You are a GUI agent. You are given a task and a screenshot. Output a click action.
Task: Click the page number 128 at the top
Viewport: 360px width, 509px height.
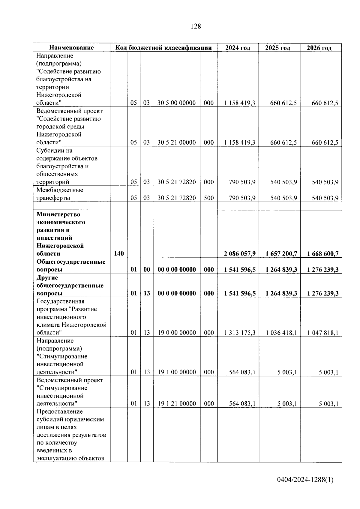point(196,26)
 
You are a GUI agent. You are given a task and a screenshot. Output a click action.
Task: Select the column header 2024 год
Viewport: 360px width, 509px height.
point(238,48)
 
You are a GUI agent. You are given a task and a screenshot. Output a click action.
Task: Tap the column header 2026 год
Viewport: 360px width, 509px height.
point(319,48)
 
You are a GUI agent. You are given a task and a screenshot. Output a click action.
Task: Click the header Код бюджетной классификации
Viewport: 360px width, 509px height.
point(164,48)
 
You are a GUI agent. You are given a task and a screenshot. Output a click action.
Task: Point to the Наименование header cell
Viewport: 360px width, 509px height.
point(71,48)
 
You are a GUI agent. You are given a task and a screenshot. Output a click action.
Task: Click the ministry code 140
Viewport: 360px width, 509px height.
point(119,254)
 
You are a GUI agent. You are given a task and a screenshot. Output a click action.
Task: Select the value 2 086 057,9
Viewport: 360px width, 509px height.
point(240,254)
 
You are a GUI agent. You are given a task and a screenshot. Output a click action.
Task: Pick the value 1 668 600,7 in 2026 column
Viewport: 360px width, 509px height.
point(323,254)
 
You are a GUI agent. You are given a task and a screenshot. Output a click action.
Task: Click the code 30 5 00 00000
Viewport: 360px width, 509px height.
point(176,103)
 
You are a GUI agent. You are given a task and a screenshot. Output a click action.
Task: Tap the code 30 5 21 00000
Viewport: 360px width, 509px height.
point(176,142)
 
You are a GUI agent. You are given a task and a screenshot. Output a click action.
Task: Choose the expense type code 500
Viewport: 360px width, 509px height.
point(208,198)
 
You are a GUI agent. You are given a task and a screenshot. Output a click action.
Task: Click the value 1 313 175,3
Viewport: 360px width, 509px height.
point(239,333)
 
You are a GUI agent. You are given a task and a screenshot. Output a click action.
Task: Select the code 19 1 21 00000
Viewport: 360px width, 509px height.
point(177,404)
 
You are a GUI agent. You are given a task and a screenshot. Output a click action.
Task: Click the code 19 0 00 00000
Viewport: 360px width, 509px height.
point(176,333)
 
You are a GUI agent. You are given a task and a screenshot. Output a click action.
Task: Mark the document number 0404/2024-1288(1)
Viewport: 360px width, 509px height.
point(305,480)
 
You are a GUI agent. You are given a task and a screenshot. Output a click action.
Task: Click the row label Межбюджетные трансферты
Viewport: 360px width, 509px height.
point(60,194)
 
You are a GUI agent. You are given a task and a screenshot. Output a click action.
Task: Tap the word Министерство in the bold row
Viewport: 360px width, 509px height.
point(58,214)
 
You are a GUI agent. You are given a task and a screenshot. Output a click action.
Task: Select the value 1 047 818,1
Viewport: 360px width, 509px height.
point(323,333)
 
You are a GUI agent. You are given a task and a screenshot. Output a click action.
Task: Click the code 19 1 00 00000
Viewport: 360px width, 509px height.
point(177,372)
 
